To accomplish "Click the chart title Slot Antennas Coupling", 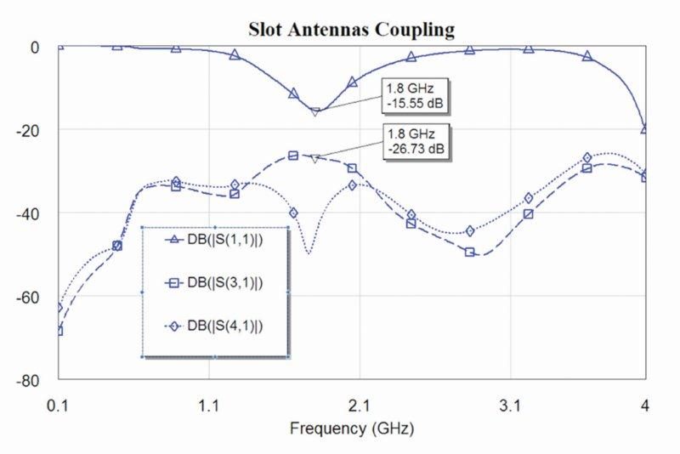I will click(351, 29).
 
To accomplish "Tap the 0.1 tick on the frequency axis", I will click(58, 407).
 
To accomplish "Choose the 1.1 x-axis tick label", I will click(209, 407).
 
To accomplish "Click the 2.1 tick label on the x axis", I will click(360, 407).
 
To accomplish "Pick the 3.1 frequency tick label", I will click(510, 407).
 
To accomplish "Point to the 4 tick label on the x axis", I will click(645, 407).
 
